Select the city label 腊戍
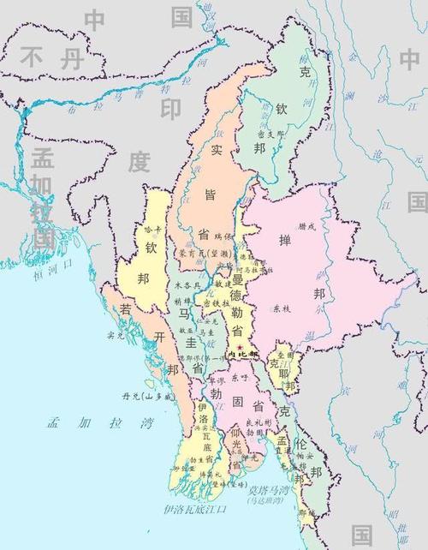click(306, 225)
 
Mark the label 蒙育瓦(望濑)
click(202, 254)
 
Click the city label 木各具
click(187, 284)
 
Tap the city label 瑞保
click(224, 235)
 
